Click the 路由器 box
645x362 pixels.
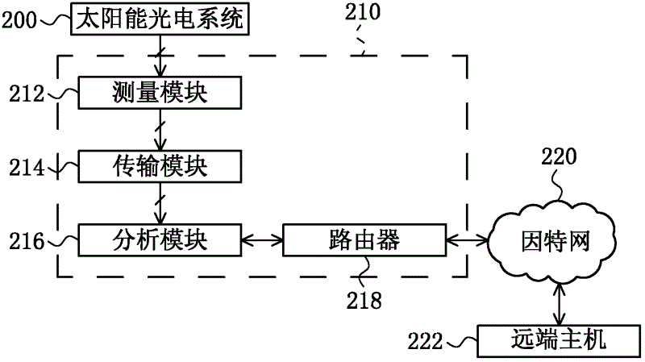(364, 239)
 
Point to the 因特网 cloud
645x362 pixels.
(556, 240)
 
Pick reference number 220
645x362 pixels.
(558, 156)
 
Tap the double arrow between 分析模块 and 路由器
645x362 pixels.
(261, 239)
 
